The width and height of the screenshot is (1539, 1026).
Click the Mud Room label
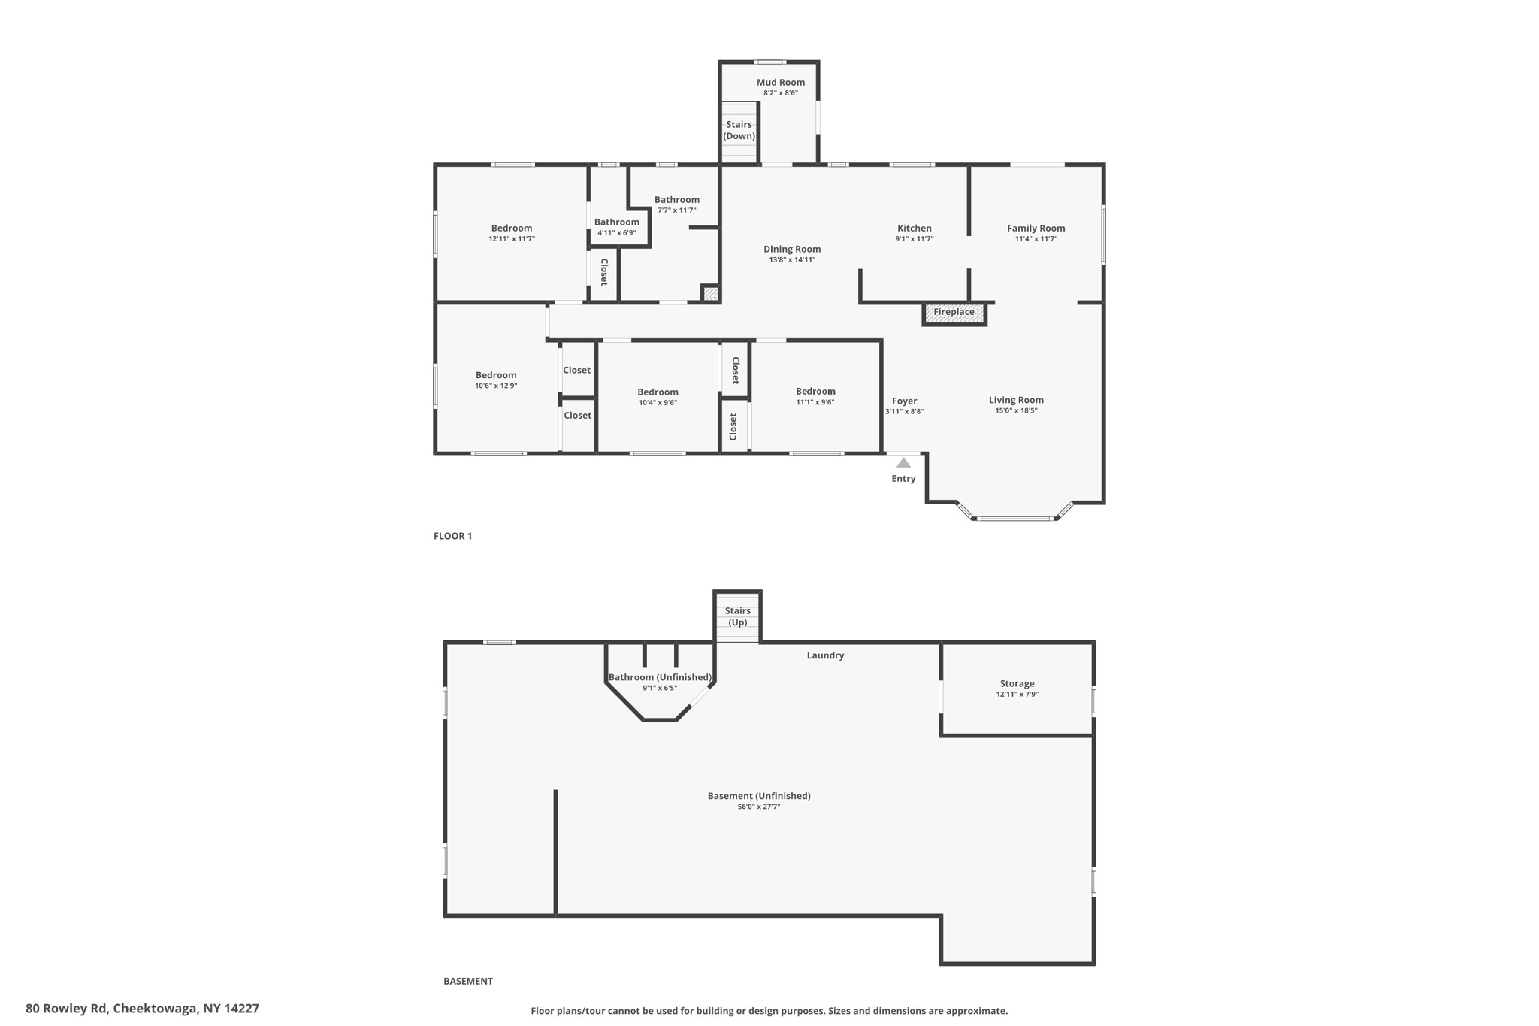[780, 83]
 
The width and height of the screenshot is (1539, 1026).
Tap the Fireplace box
[954, 313]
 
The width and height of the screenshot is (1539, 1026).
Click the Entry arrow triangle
[903, 463]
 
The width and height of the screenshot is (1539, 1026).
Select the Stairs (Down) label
[739, 130]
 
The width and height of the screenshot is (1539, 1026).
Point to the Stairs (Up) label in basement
[738, 616]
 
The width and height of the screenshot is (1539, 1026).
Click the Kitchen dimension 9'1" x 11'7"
[914, 239]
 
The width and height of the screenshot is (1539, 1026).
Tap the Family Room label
[1036, 229]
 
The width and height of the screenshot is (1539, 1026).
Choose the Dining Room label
[792, 250]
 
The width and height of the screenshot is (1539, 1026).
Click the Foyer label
[904, 401]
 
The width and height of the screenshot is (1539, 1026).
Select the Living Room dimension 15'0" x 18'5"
[1016, 411]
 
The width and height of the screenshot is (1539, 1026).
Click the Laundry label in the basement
[825, 655]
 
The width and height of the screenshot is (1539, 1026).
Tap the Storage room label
[1017, 684]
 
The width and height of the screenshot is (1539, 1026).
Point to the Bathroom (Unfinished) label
[660, 677]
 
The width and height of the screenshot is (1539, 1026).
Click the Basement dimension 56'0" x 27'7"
[759, 807]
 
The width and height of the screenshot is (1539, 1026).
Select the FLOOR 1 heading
[452, 536]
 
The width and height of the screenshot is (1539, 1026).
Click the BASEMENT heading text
[467, 981]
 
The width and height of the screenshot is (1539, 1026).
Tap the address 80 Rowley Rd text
[142, 1009]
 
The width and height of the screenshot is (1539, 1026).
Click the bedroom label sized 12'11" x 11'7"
[511, 229]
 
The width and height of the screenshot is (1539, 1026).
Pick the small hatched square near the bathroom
[710, 294]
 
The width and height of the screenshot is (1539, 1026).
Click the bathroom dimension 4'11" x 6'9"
[616, 233]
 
